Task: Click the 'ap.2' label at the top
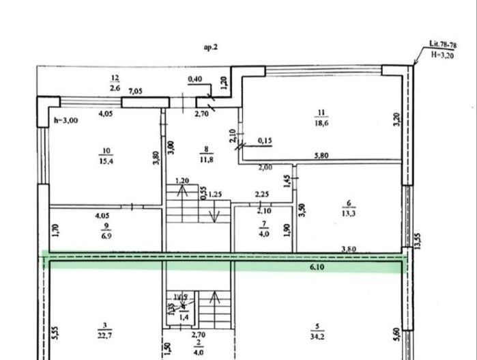[210, 48]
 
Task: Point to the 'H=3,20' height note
[444, 53]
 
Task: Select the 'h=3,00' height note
[66, 120]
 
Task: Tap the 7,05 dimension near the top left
[135, 92]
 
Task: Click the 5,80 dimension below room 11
[322, 156]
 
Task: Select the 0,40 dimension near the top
[194, 79]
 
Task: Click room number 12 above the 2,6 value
[115, 79]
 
